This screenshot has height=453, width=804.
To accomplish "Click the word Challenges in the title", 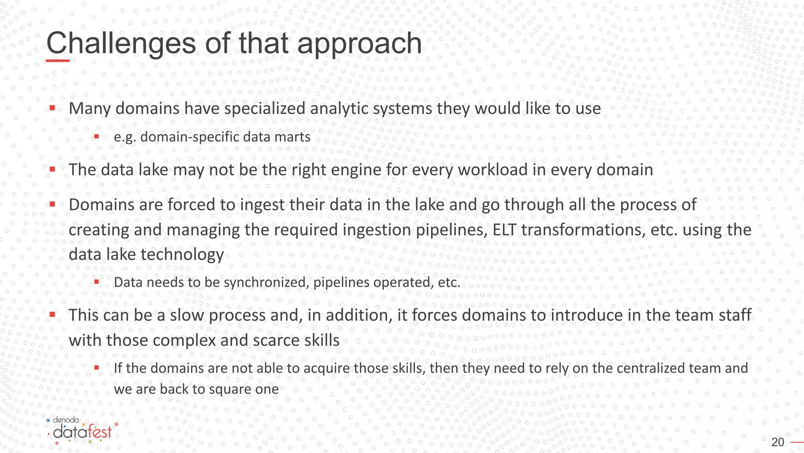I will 121,43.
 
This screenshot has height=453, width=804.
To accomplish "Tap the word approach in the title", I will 359,44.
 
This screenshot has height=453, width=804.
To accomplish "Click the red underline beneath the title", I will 58,61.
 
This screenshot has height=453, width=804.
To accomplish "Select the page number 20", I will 777,442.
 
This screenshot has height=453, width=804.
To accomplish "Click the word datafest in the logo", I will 82,432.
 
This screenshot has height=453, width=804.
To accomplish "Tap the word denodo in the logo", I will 66,420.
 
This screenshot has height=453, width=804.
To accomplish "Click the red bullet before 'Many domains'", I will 52,108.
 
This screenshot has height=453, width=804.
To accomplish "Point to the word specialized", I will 265,109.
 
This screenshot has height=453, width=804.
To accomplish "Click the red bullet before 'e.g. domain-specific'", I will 97,137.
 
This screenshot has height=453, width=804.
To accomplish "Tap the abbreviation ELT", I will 504,230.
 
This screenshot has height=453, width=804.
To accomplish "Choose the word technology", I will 182,254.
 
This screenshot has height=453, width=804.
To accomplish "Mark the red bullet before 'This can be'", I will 52,315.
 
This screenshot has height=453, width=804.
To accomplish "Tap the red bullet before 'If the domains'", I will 97,368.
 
